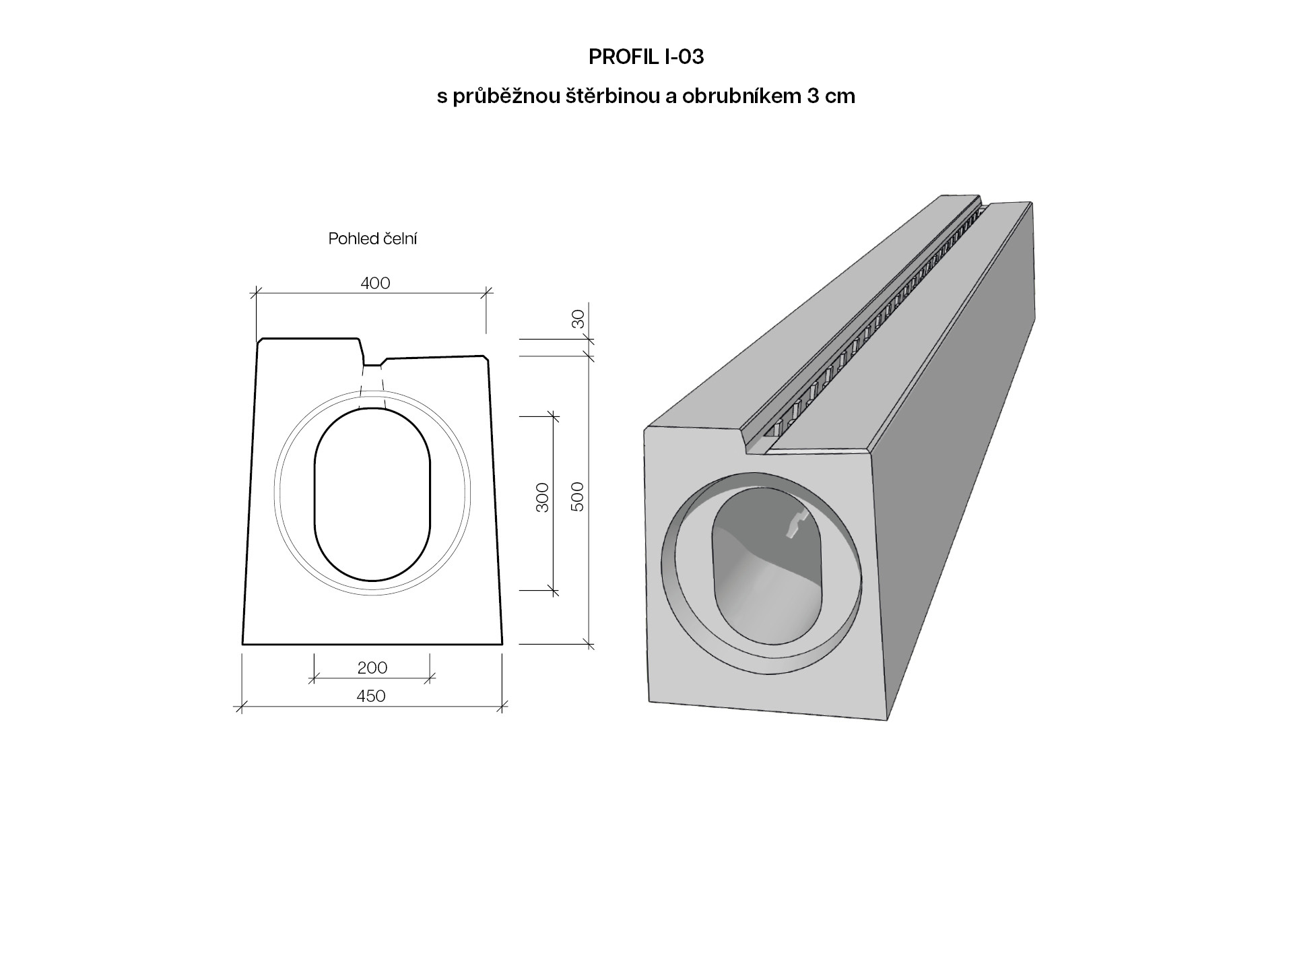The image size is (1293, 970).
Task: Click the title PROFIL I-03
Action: click(646, 57)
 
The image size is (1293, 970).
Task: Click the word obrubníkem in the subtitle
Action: click(740, 96)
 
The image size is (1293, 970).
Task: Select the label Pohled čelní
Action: click(372, 238)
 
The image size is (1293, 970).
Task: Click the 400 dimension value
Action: click(375, 283)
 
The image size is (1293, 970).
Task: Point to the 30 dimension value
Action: click(578, 319)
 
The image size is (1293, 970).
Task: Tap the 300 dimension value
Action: click(543, 497)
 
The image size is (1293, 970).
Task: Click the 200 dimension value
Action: click(372, 668)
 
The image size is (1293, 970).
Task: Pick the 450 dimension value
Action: click(371, 696)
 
